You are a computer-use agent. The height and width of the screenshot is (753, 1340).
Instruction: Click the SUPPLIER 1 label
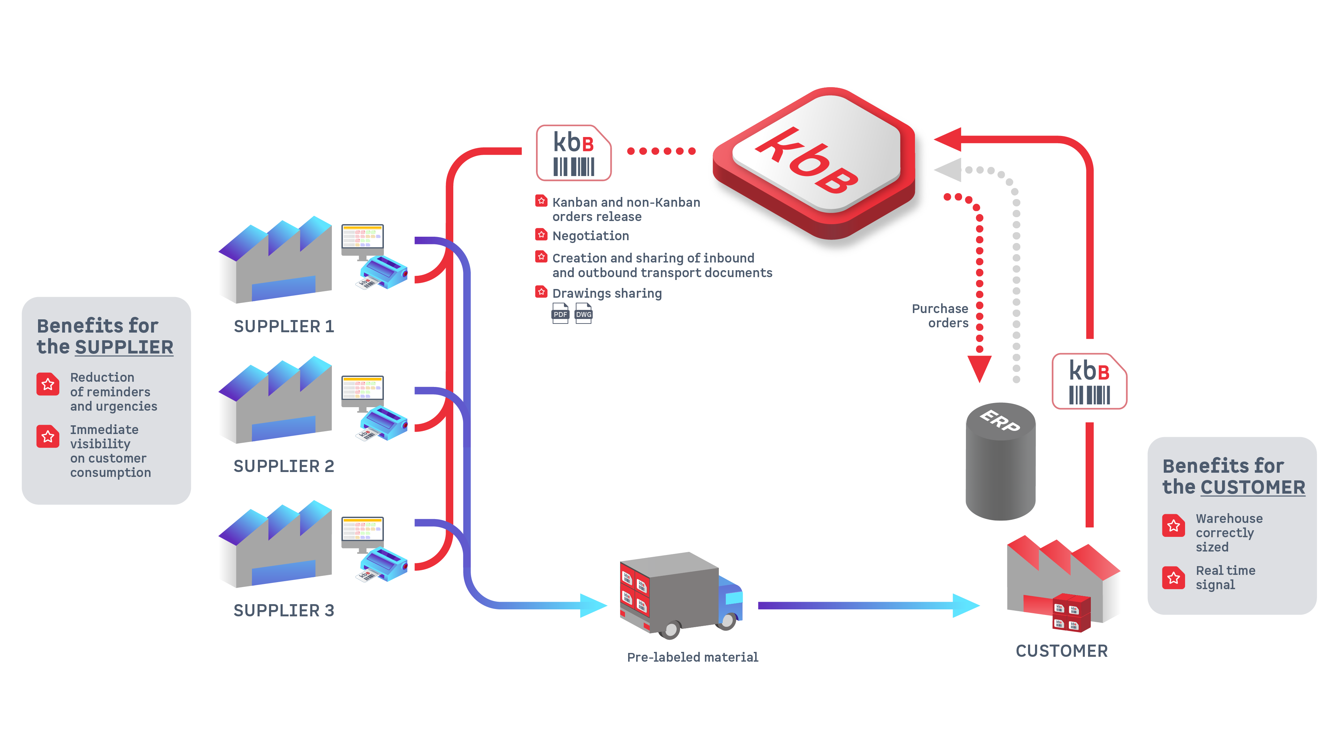(x=283, y=326)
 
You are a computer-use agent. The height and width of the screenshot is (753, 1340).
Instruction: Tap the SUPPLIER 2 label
(x=283, y=466)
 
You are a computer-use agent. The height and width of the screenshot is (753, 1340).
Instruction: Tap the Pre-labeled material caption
(x=692, y=657)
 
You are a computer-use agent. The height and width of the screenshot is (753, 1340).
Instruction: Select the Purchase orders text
(x=940, y=315)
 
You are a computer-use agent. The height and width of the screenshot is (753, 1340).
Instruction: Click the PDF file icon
(x=560, y=314)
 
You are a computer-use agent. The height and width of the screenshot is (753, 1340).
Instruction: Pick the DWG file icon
(x=583, y=314)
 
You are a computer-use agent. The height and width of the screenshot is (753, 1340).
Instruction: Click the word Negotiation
(x=590, y=236)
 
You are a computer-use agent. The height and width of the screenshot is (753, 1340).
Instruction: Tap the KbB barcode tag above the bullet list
(x=573, y=153)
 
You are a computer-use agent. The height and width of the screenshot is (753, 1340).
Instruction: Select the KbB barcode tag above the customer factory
(x=1089, y=381)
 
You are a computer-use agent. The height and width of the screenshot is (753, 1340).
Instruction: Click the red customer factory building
(x=1061, y=582)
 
